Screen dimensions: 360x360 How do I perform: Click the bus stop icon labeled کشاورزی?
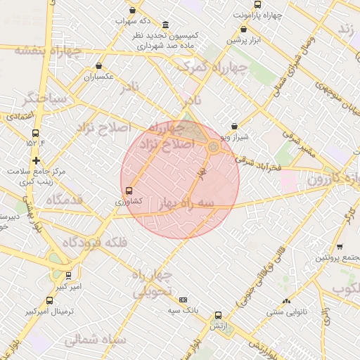pos(129,191)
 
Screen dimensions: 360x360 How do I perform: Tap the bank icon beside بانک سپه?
pos(184,300)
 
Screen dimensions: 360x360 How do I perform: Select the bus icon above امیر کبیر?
pos(68,276)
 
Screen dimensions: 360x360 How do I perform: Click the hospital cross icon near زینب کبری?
pos(36,161)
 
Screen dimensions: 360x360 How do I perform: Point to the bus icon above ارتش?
pos(218,316)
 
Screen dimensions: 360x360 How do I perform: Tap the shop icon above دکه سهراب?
pos(134,11)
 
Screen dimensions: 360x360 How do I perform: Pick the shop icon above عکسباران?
pos(98,66)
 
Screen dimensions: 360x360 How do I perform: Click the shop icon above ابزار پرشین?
pos(243,30)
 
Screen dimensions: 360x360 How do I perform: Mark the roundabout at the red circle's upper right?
pos(212,147)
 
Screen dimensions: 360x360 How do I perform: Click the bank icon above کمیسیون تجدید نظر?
pos(165,23)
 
